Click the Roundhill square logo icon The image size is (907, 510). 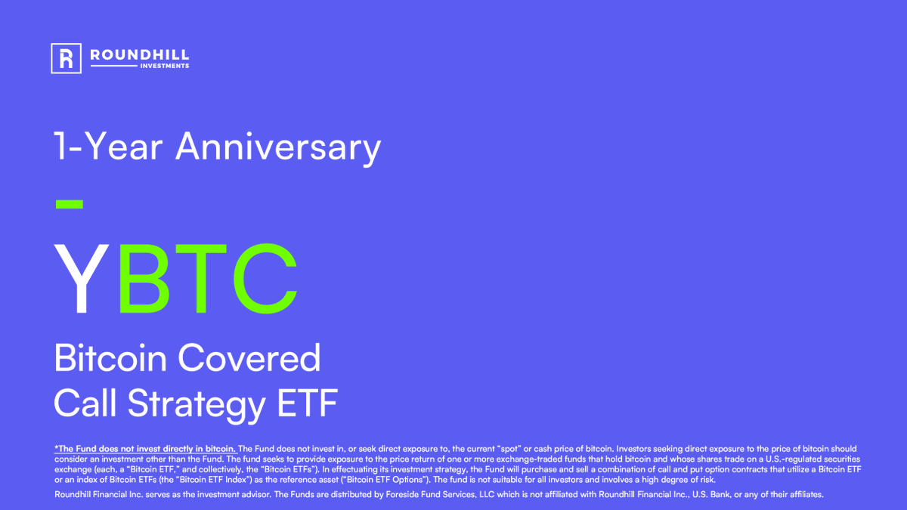point(66,58)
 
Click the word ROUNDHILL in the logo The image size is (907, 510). point(139,54)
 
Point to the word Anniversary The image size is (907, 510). point(278,147)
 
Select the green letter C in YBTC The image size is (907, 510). point(265,280)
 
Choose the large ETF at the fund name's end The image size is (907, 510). point(305,403)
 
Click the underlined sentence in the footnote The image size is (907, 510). point(146,449)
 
